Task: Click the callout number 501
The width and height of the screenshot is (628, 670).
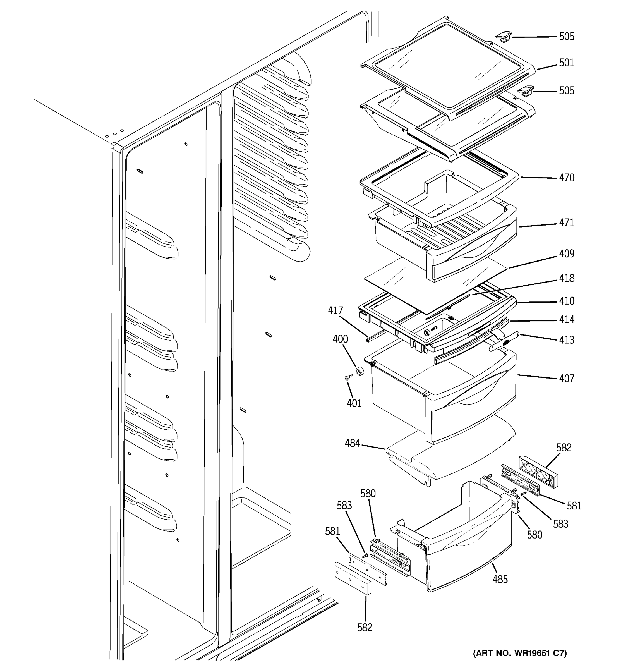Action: tap(566, 63)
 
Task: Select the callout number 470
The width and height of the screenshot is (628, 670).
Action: tap(566, 178)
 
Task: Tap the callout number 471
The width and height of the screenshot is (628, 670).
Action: tap(566, 223)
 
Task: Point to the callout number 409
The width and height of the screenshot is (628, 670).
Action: tap(566, 253)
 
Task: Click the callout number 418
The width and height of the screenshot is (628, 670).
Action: tap(566, 278)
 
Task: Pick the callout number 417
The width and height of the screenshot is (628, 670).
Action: tap(335, 310)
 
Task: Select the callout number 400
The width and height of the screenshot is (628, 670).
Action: tap(340, 339)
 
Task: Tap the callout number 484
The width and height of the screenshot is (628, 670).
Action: tap(352, 443)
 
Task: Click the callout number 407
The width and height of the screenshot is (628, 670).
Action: tap(566, 379)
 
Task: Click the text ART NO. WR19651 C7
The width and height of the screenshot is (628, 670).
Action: tap(520, 653)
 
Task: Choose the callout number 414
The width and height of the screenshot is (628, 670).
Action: tap(566, 319)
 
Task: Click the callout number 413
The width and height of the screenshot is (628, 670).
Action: tap(566, 340)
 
